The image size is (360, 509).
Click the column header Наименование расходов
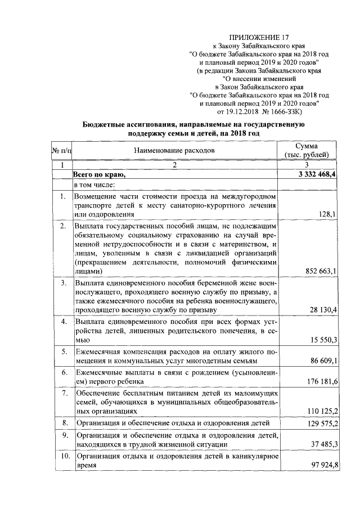coord(174,151)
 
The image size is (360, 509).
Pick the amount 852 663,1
coord(318,271)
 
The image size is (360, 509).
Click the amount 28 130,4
coord(321,310)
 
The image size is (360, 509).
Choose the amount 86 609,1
coord(321,361)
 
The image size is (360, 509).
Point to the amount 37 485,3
coord(321,444)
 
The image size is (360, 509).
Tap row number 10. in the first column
coord(62,456)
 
